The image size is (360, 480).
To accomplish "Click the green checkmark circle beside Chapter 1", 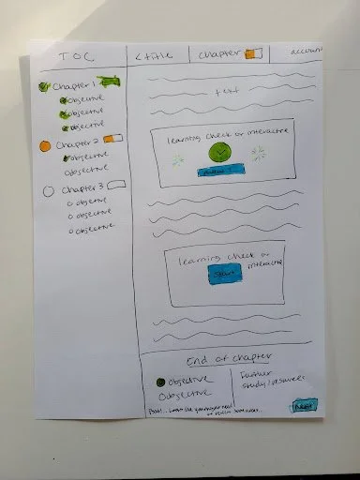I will [43, 87].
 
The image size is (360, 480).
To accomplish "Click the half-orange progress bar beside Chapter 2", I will [114, 140].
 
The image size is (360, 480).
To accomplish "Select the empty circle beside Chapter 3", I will [47, 192].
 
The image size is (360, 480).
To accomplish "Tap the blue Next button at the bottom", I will [304, 406].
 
